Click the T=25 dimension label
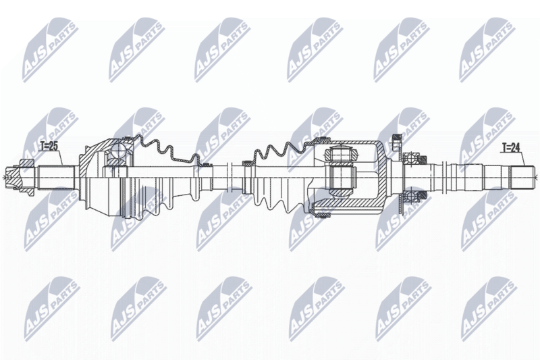click(x=49, y=146)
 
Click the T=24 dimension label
click(x=510, y=148)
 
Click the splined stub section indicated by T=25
click(x=57, y=178)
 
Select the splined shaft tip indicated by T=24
click(x=522, y=177)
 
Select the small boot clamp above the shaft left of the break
click(x=206, y=164)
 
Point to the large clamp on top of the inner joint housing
click(x=323, y=140)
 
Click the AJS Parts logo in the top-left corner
click(x=49, y=51)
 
